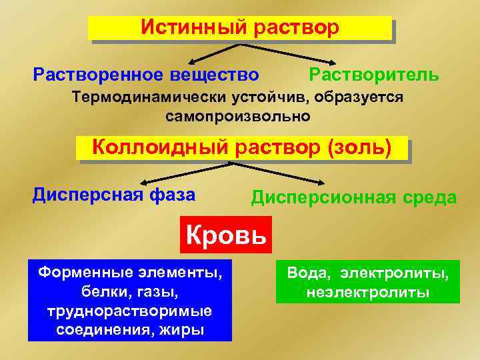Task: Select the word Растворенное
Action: point(99,74)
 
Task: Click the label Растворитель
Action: point(374,74)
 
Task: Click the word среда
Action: point(433,197)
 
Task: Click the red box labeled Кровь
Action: point(226,235)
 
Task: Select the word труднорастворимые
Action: point(129,311)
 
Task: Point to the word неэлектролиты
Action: point(368,293)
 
